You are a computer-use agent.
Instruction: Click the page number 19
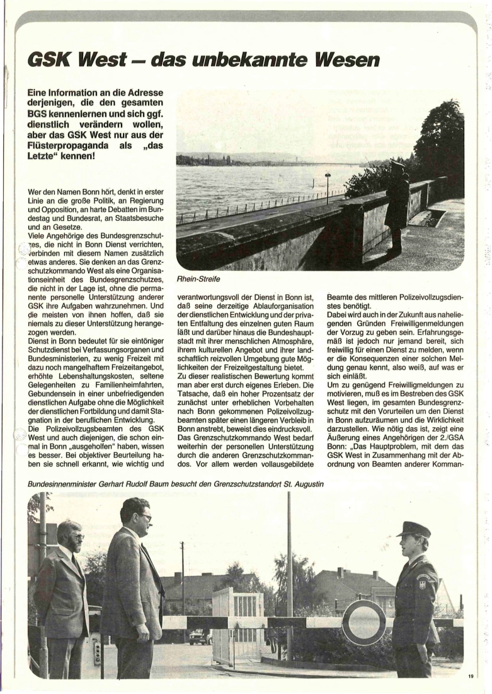(471, 676)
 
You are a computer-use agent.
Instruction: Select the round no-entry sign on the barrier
(363, 622)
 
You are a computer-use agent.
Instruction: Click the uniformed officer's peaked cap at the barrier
(413, 528)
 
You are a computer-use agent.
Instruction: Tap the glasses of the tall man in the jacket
(144, 517)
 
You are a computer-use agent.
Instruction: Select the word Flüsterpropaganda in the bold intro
(73, 144)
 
